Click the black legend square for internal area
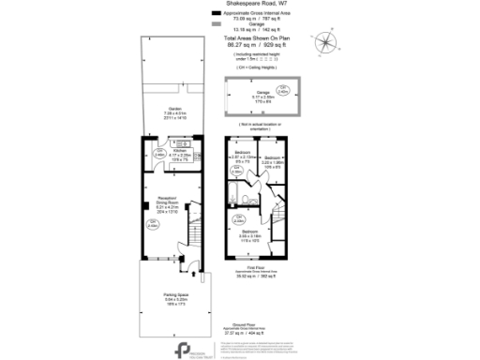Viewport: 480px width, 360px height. tap(216, 13)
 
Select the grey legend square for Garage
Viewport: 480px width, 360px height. tap(216, 24)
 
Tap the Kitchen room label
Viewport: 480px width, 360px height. tap(180, 152)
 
